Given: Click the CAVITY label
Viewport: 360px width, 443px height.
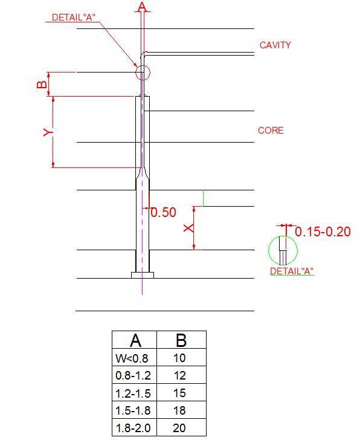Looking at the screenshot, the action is pyautogui.click(x=275, y=45).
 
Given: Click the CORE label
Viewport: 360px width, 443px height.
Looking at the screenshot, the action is pyautogui.click(x=271, y=131).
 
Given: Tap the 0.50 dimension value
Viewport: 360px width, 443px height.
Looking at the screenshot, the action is pyautogui.click(x=164, y=212).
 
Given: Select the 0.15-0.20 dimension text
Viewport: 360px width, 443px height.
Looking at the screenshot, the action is pyautogui.click(x=323, y=231).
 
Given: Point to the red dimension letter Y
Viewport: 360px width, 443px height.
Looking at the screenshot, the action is pyautogui.click(x=48, y=132).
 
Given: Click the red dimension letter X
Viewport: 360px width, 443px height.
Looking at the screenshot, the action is pyautogui.click(x=189, y=228).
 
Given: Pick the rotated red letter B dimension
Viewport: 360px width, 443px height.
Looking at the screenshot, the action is pyautogui.click(x=42, y=84).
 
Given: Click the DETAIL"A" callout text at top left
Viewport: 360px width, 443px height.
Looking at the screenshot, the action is pyautogui.click(x=74, y=18).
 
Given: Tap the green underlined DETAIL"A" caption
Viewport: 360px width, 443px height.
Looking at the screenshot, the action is pyautogui.click(x=292, y=271).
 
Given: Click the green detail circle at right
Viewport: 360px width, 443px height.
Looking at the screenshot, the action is pyautogui.click(x=269, y=250).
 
